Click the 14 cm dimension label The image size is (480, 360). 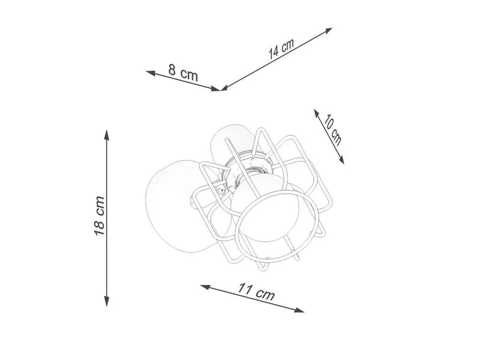click(281, 48)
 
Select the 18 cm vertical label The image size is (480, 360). click(99, 216)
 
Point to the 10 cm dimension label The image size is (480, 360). click(333, 130)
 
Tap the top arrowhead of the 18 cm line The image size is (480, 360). click(107, 135)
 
